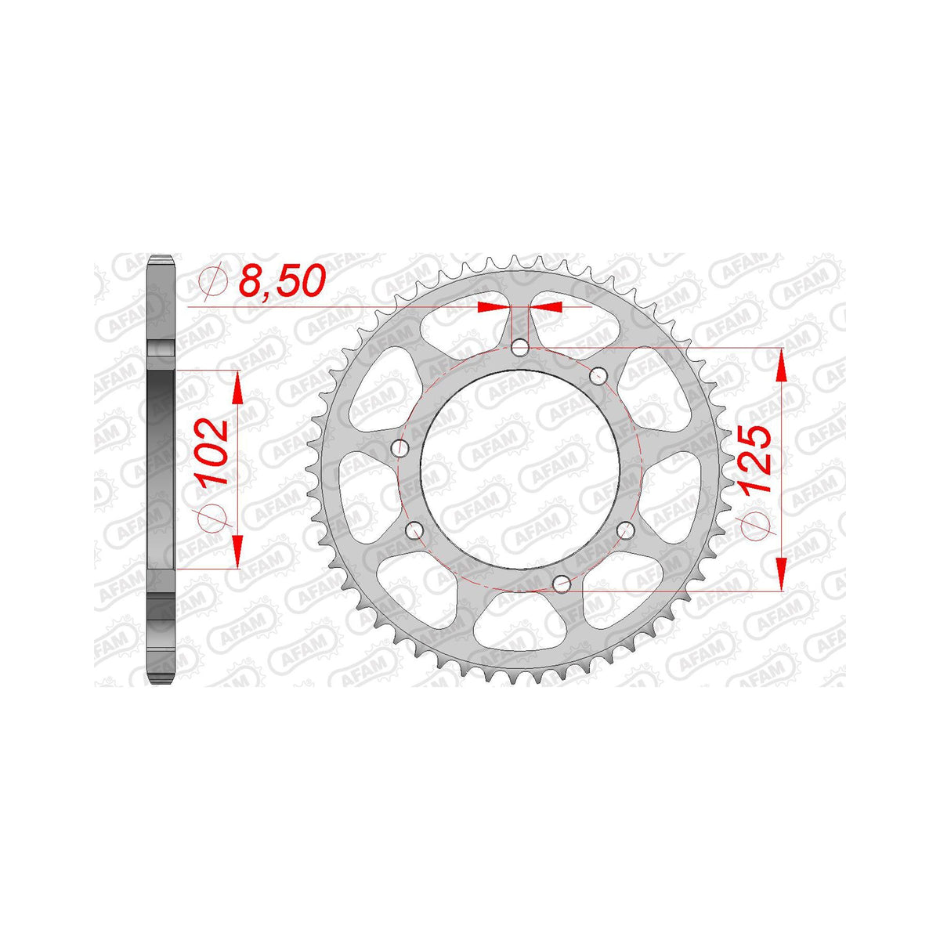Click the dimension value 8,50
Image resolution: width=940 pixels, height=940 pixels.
click(282, 281)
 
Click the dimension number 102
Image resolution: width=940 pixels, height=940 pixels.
click(213, 450)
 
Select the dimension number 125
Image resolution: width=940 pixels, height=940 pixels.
click(756, 459)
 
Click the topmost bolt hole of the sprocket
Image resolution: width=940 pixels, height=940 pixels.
click(520, 349)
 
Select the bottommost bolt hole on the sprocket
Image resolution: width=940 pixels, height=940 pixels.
click(562, 584)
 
